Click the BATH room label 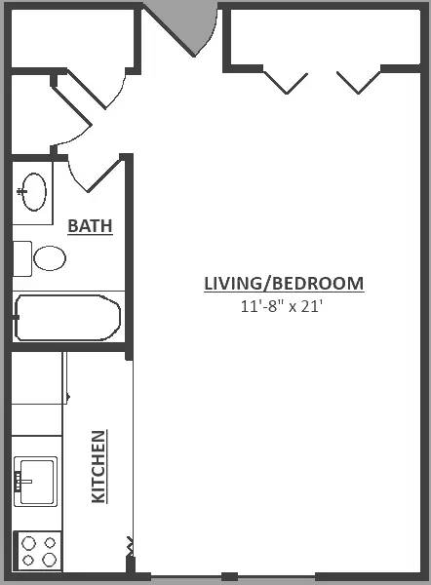pyautogui.click(x=90, y=226)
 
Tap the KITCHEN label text pyautogui.click(x=98, y=467)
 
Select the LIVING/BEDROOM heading pyautogui.click(x=284, y=284)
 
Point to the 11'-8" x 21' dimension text pyautogui.click(x=282, y=306)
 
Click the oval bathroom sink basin pyautogui.click(x=34, y=192)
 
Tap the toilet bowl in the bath pyautogui.click(x=50, y=258)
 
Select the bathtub pyautogui.click(x=68, y=318)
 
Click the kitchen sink pyautogui.click(x=36, y=482)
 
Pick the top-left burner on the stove pyautogui.click(x=28, y=543)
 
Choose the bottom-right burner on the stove pyautogui.click(x=50, y=560)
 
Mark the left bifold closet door pyautogui.click(x=286, y=83)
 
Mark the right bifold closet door pyautogui.click(x=359, y=83)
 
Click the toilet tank pyautogui.click(x=22, y=258)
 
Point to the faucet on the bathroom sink pyautogui.click(x=21, y=192)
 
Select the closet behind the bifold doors pyautogui.click(x=325, y=37)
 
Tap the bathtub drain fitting pyautogui.click(x=16, y=318)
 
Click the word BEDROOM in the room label pyautogui.click(x=318, y=284)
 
